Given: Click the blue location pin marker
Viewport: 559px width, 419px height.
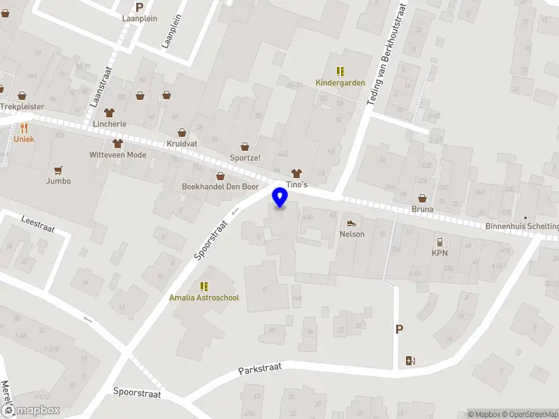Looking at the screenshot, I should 280,198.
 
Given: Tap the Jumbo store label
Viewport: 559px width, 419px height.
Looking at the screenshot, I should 58,181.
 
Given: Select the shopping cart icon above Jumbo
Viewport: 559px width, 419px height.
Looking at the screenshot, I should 58,170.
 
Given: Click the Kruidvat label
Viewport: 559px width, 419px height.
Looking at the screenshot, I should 182,142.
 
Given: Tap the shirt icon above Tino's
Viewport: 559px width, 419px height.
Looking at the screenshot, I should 296,172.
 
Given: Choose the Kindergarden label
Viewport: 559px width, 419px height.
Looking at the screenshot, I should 340,82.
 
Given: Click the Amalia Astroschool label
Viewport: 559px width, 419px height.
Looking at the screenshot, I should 204,297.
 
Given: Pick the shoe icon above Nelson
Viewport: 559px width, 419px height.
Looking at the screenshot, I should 352,223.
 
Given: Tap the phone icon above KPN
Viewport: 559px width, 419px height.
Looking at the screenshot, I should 440,242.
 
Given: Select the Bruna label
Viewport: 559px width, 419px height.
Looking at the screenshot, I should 422,209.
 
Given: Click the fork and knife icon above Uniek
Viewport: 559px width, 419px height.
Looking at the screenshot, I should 24,128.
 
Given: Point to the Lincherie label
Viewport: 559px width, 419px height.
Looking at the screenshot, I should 110,124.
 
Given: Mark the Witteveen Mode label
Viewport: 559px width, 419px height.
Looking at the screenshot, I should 117,155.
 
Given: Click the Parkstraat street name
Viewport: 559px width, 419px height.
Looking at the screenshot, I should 259,369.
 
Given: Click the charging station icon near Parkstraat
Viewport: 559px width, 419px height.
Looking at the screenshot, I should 410,360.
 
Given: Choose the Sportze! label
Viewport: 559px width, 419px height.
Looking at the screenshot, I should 245,157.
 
